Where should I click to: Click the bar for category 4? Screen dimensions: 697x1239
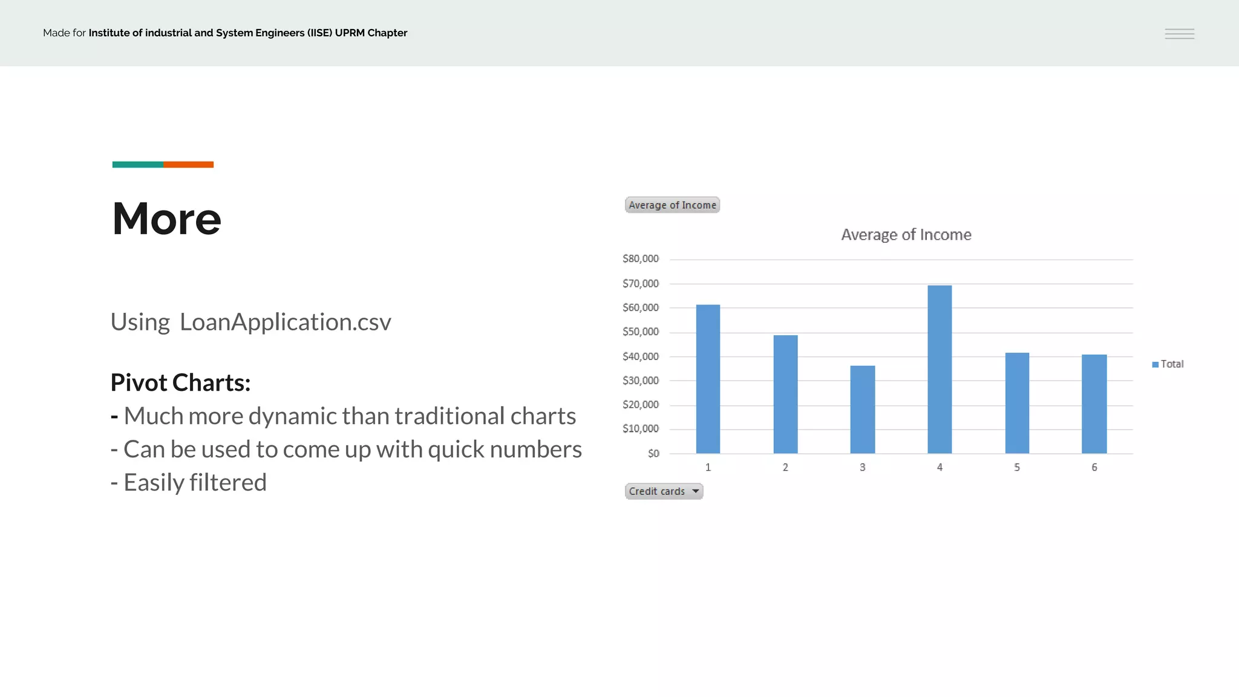coord(940,369)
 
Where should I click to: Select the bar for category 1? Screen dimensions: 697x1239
coord(708,379)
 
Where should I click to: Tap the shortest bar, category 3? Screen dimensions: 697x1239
coord(862,410)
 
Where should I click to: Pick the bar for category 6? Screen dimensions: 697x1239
coord(1094,404)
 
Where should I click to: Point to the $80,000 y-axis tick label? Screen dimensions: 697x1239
coord(640,259)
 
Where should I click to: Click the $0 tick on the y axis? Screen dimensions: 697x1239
coord(653,453)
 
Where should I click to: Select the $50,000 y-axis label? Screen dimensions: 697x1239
coord(640,332)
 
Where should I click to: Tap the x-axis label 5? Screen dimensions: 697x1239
coord(1017,467)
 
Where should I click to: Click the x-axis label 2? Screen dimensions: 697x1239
coord(785,467)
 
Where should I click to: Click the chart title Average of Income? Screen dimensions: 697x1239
coord(906,235)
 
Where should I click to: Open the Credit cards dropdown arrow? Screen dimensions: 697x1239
coord(696,491)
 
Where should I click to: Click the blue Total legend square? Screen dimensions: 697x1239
coord(1156,364)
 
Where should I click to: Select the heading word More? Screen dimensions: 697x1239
coord(166,218)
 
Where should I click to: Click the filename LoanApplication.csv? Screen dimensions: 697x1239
coord(286,322)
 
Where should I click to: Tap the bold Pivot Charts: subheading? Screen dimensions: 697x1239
coord(180,382)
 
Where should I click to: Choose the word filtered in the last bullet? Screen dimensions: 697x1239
coord(227,483)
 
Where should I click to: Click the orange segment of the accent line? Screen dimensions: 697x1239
coord(188,165)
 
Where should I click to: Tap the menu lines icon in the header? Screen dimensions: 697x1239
coord(1179,34)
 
